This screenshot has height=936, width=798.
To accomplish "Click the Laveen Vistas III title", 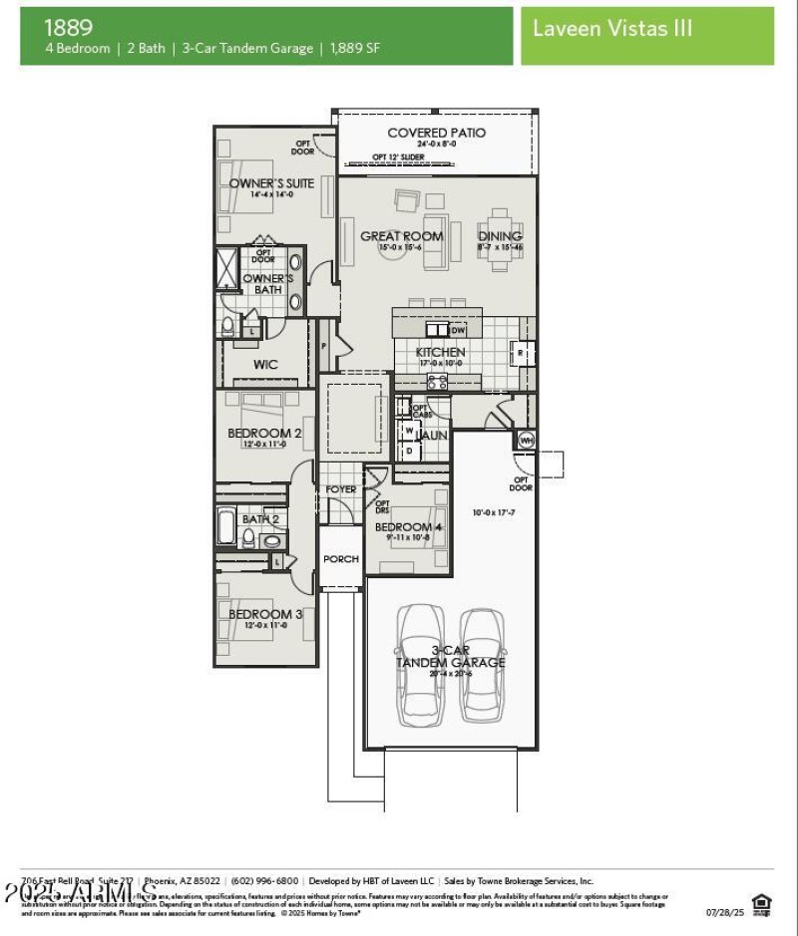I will [611, 28].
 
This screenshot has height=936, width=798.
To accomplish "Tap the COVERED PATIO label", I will [436, 133].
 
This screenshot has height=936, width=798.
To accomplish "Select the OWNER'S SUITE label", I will [271, 183].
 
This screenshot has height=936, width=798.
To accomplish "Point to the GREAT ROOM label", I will [401, 236].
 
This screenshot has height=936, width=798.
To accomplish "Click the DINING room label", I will [499, 236].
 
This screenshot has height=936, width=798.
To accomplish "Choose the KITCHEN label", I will [440, 352].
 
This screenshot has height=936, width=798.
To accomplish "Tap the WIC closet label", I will [265, 365].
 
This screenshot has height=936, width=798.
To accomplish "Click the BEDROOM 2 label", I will [264, 433].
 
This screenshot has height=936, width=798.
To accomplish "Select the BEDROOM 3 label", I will [264, 614].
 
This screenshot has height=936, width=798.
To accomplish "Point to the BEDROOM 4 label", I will [409, 526].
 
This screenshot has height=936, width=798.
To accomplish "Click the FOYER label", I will [341, 489].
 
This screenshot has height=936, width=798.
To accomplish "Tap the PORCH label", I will [341, 559].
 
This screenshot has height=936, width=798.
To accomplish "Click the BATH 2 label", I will [260, 518].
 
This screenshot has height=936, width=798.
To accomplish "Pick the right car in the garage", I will [482, 665].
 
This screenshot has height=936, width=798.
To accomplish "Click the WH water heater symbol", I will [525, 440].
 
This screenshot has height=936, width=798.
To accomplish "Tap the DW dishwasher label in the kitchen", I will [458, 330].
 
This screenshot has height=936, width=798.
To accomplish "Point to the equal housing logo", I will [762, 903].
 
